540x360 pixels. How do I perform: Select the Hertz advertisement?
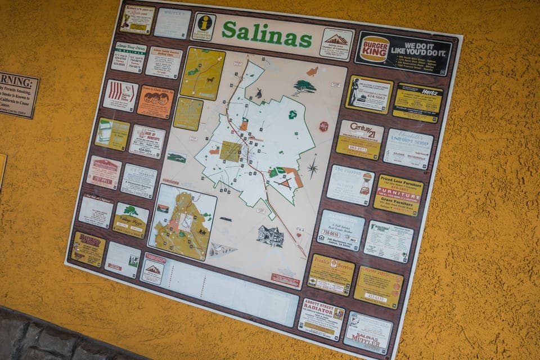coord(417,102)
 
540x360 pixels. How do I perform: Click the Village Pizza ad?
coord(130,220)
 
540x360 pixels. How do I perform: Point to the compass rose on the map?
coord(312,167)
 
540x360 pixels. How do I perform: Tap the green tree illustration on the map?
coord(304,87)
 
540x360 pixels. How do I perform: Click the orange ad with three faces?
coord(155,101)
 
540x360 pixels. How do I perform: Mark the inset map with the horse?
coord(202,74)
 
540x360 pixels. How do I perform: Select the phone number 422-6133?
coord(376,296)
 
